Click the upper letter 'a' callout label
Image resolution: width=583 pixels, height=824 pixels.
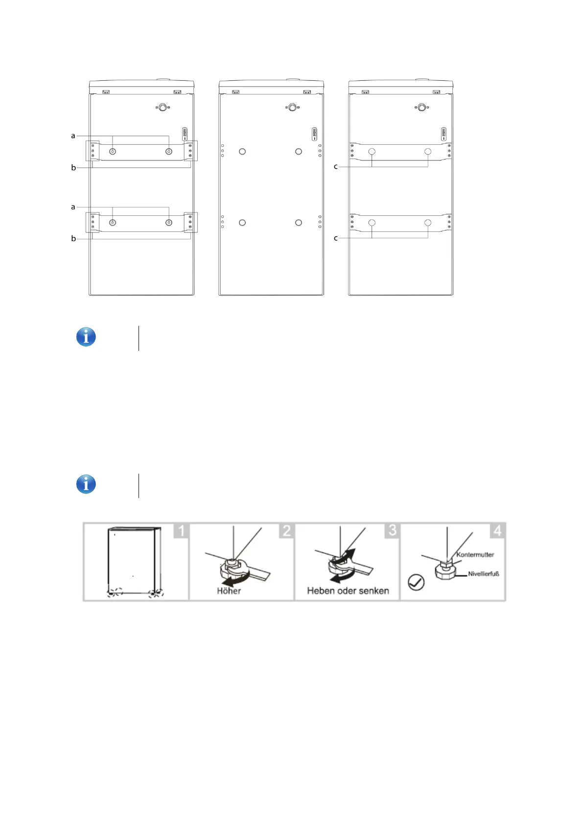pos(73,136)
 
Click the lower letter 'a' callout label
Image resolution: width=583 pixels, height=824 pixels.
pos(73,207)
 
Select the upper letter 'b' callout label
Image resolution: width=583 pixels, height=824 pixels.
pos(73,167)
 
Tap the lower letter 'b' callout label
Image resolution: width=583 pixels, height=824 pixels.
pos(73,238)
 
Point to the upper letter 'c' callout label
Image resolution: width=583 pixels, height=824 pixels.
pos(335,167)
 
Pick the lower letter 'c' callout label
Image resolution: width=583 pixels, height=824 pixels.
pos(335,238)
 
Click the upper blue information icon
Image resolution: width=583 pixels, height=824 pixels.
pos(86,337)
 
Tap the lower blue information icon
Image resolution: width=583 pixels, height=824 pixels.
pos(86,484)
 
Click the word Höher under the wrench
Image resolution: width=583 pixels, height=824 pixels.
pos(229,591)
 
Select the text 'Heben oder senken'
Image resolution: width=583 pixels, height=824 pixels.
pos(348,591)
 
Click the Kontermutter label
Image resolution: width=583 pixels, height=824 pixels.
pos(475,555)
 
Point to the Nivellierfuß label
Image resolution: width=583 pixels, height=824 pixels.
pos(483,574)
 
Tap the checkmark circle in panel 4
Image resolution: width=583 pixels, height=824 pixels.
pos(416,582)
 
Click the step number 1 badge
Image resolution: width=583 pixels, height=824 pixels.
pos(181,531)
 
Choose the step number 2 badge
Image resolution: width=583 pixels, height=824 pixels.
pos(287,531)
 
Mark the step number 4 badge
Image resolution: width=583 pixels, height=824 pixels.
pos(497,531)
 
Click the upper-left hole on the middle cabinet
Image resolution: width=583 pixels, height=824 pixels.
pos(242,152)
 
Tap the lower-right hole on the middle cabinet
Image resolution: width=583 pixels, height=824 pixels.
pos(299,223)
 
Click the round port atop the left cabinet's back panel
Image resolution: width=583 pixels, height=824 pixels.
pos(163,108)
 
